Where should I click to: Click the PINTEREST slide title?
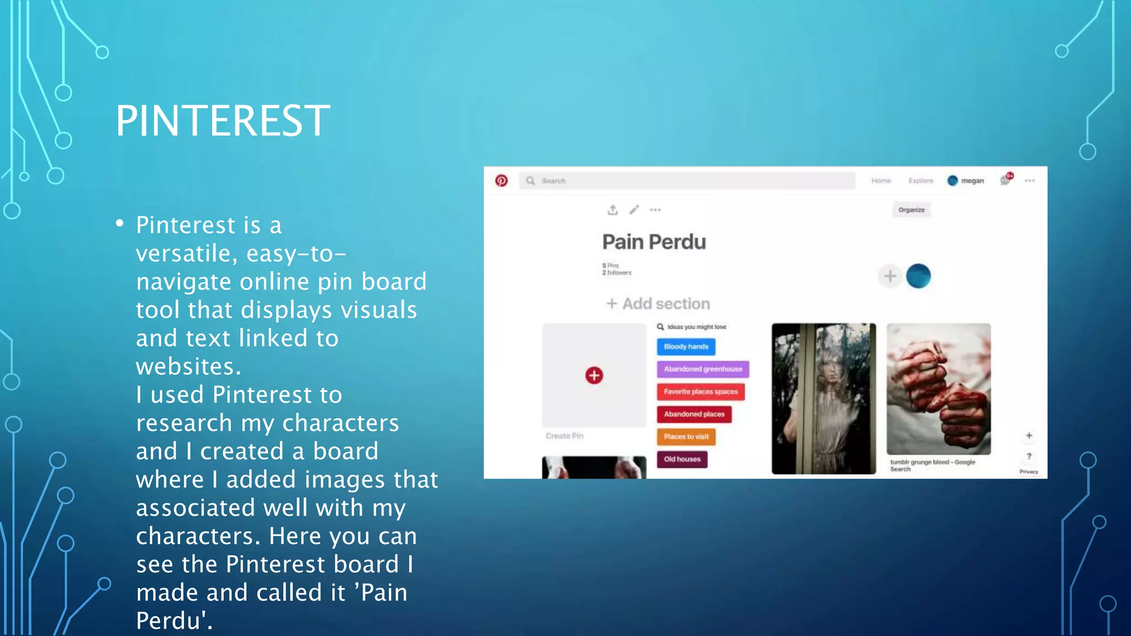223,121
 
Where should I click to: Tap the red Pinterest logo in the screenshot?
501,181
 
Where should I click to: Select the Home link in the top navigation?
881,181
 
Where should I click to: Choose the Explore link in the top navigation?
921,181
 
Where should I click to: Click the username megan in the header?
972,181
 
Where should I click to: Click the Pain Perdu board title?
654,242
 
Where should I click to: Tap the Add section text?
665,304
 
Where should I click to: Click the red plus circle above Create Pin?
594,375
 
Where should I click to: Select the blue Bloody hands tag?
686,347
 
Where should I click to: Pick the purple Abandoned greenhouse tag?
702,369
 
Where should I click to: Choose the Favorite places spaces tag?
700,391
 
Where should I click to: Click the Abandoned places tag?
694,414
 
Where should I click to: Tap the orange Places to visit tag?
686,437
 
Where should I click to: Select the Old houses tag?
682,459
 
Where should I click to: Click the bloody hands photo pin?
938,389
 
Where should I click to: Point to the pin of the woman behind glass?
823,399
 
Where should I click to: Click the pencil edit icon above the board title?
634,210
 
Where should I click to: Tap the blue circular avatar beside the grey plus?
918,276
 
